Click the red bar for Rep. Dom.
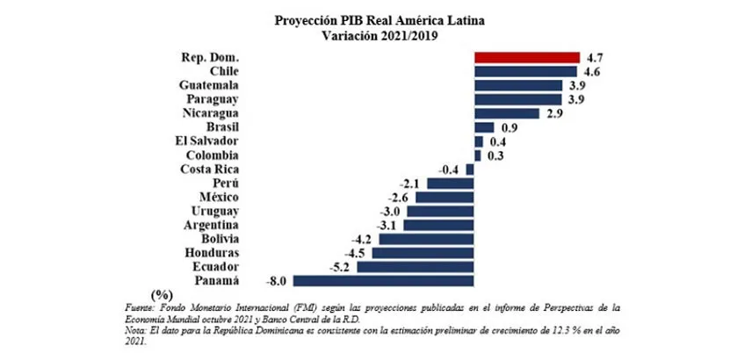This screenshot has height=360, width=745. (x=526, y=57)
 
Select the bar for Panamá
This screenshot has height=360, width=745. (x=383, y=281)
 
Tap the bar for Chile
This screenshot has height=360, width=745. (x=524, y=71)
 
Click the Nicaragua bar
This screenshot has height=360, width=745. (x=506, y=113)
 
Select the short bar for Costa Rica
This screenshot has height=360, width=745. (x=470, y=169)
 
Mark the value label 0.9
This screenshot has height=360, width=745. (x=508, y=127)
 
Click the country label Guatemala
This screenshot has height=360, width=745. (x=209, y=85)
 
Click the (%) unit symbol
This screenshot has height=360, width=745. (x=161, y=294)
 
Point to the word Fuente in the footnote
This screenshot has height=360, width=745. (x=143, y=307)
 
